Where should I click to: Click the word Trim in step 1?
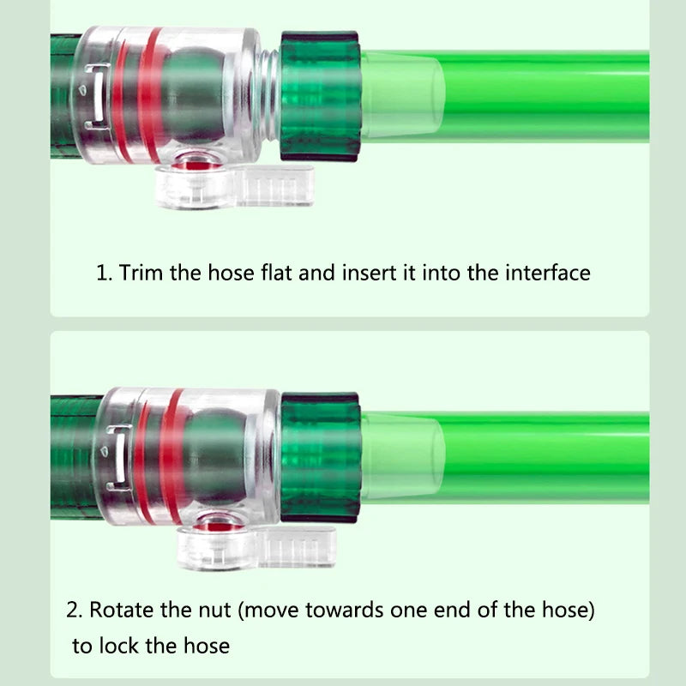(141, 273)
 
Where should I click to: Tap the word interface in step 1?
(548, 273)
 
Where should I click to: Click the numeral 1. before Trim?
(104, 273)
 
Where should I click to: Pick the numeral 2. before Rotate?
(74, 610)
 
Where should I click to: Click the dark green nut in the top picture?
(320, 96)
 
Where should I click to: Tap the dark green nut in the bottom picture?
(320, 457)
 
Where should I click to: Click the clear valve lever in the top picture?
(235, 185)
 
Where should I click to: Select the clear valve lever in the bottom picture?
(256, 547)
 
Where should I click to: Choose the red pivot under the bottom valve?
(215, 527)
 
